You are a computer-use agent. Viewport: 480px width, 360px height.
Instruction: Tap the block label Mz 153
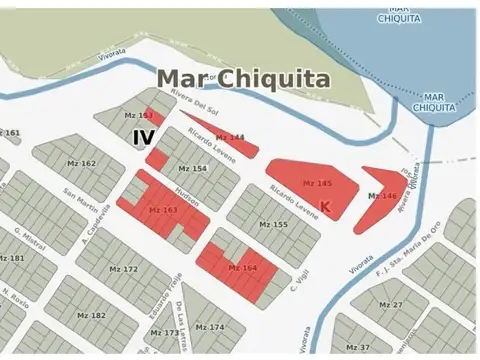(138, 117)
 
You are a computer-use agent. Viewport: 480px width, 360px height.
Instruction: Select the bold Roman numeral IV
(144, 138)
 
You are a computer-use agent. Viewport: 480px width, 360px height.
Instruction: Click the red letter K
(326, 206)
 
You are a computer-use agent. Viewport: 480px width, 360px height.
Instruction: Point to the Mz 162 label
(82, 163)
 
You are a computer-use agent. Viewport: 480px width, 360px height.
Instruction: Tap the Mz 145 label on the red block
(317, 184)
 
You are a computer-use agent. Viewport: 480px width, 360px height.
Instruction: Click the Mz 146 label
(382, 195)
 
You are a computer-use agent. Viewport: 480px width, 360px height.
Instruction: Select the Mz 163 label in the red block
(162, 210)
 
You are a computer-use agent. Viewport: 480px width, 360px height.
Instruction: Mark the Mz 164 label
(242, 268)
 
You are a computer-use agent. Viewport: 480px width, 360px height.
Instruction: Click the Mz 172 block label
(123, 269)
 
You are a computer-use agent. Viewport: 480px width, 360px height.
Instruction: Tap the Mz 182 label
(90, 315)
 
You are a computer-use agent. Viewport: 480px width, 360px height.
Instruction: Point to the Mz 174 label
(210, 327)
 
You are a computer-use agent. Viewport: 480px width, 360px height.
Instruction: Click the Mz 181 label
(12, 258)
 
